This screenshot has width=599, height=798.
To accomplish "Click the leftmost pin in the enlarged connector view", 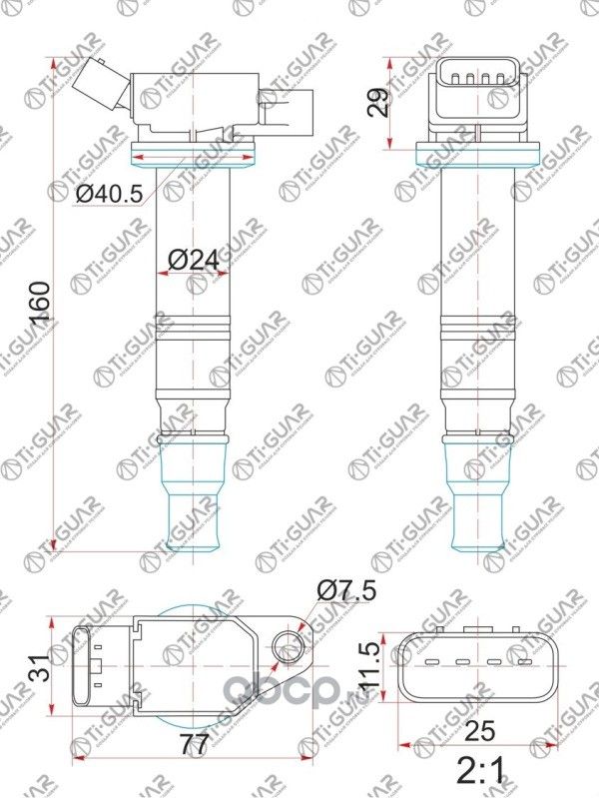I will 432,661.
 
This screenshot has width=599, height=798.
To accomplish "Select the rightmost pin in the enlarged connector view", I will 520,661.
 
